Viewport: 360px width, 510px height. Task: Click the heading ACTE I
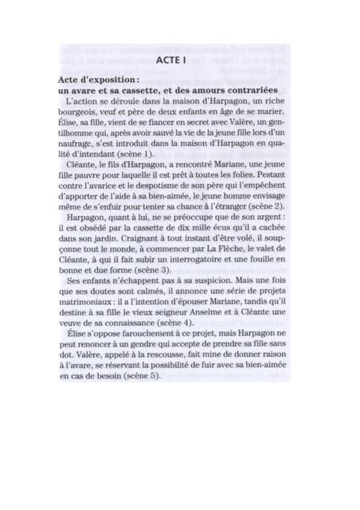tap(170, 60)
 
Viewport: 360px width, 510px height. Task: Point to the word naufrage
tap(82, 142)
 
